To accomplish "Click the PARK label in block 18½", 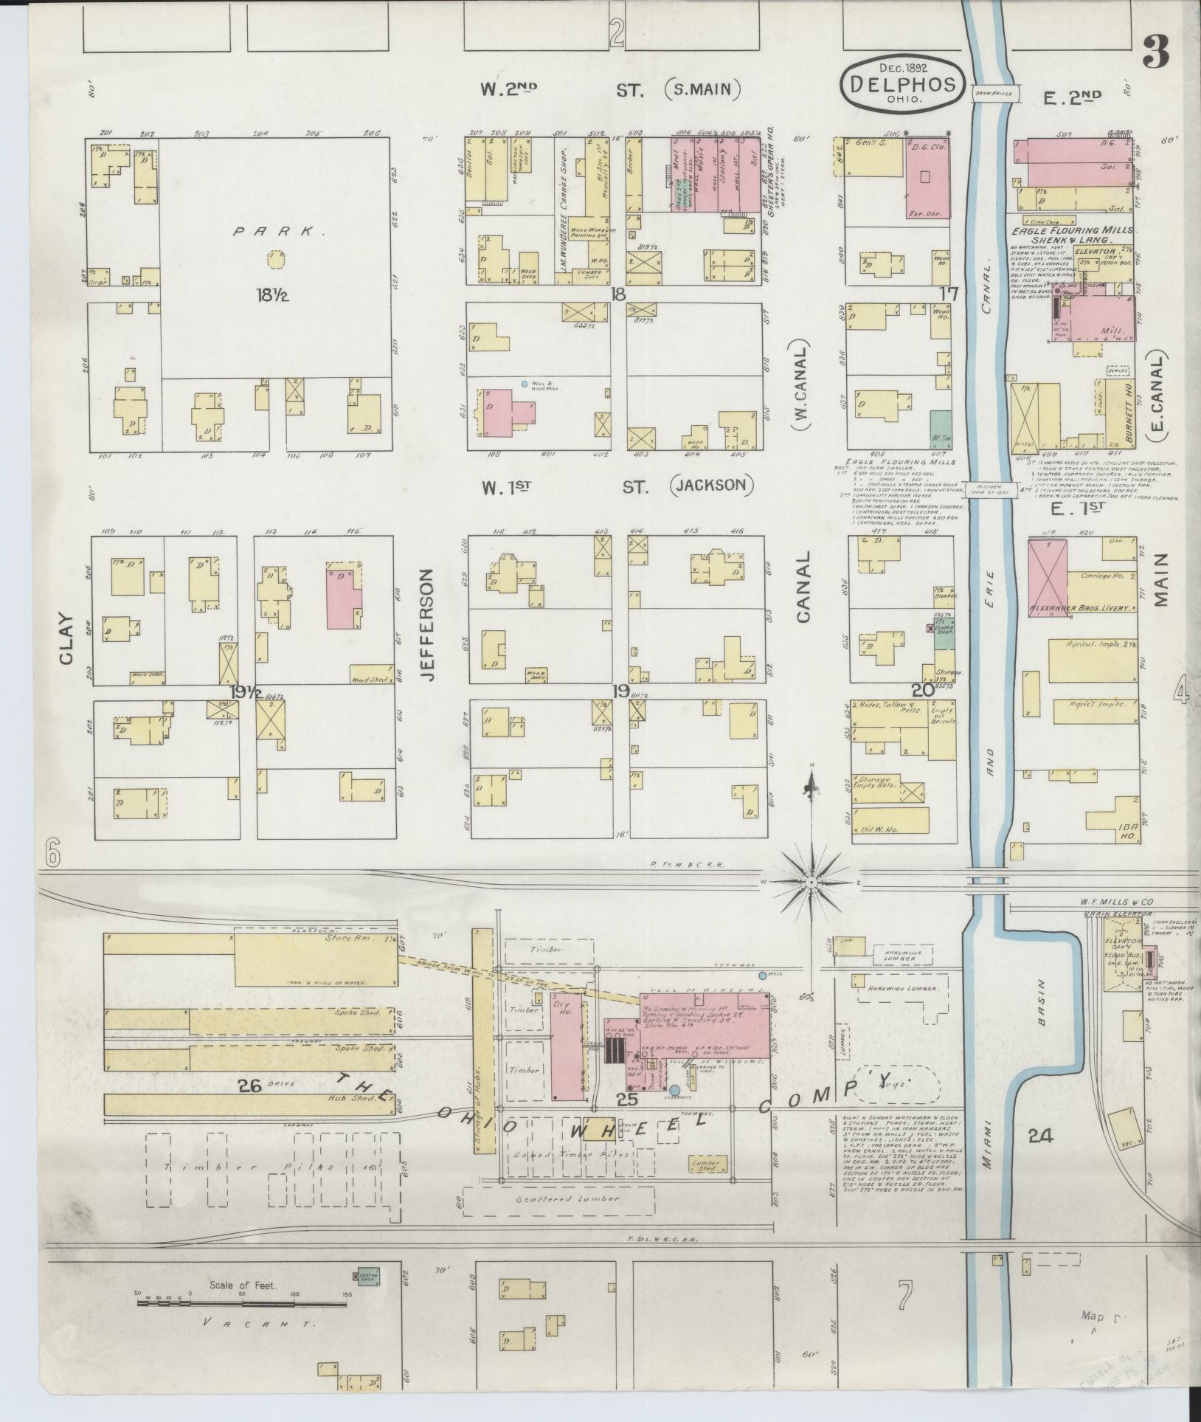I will point(271,232).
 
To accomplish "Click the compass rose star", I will point(811,881).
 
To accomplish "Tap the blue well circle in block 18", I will point(524,384).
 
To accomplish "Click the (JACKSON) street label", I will point(713,486).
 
